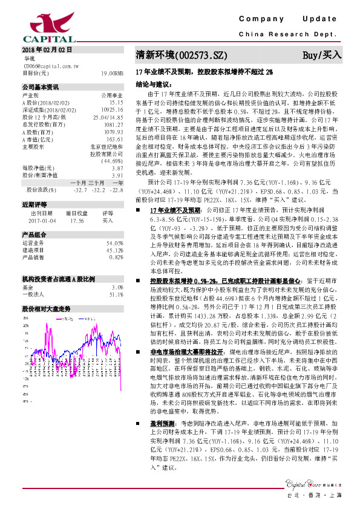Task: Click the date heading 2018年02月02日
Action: [47, 49]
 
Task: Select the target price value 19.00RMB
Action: [113, 73]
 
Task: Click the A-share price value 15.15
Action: [117, 103]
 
